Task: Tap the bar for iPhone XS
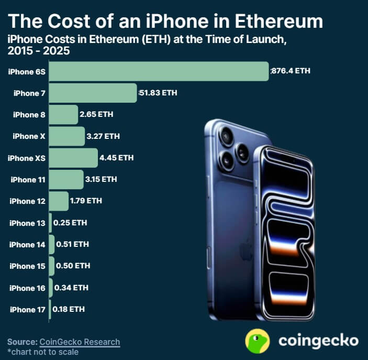pos(74,158)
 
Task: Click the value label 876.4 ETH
pos(291,71)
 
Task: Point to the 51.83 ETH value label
pos(158,93)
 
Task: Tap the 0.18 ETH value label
pos(69,309)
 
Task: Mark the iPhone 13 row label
pos(27,223)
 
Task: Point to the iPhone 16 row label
pos(27,288)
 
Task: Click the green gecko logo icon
pos(258,341)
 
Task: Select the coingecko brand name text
pos(318,341)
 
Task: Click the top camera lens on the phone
pos(227,136)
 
